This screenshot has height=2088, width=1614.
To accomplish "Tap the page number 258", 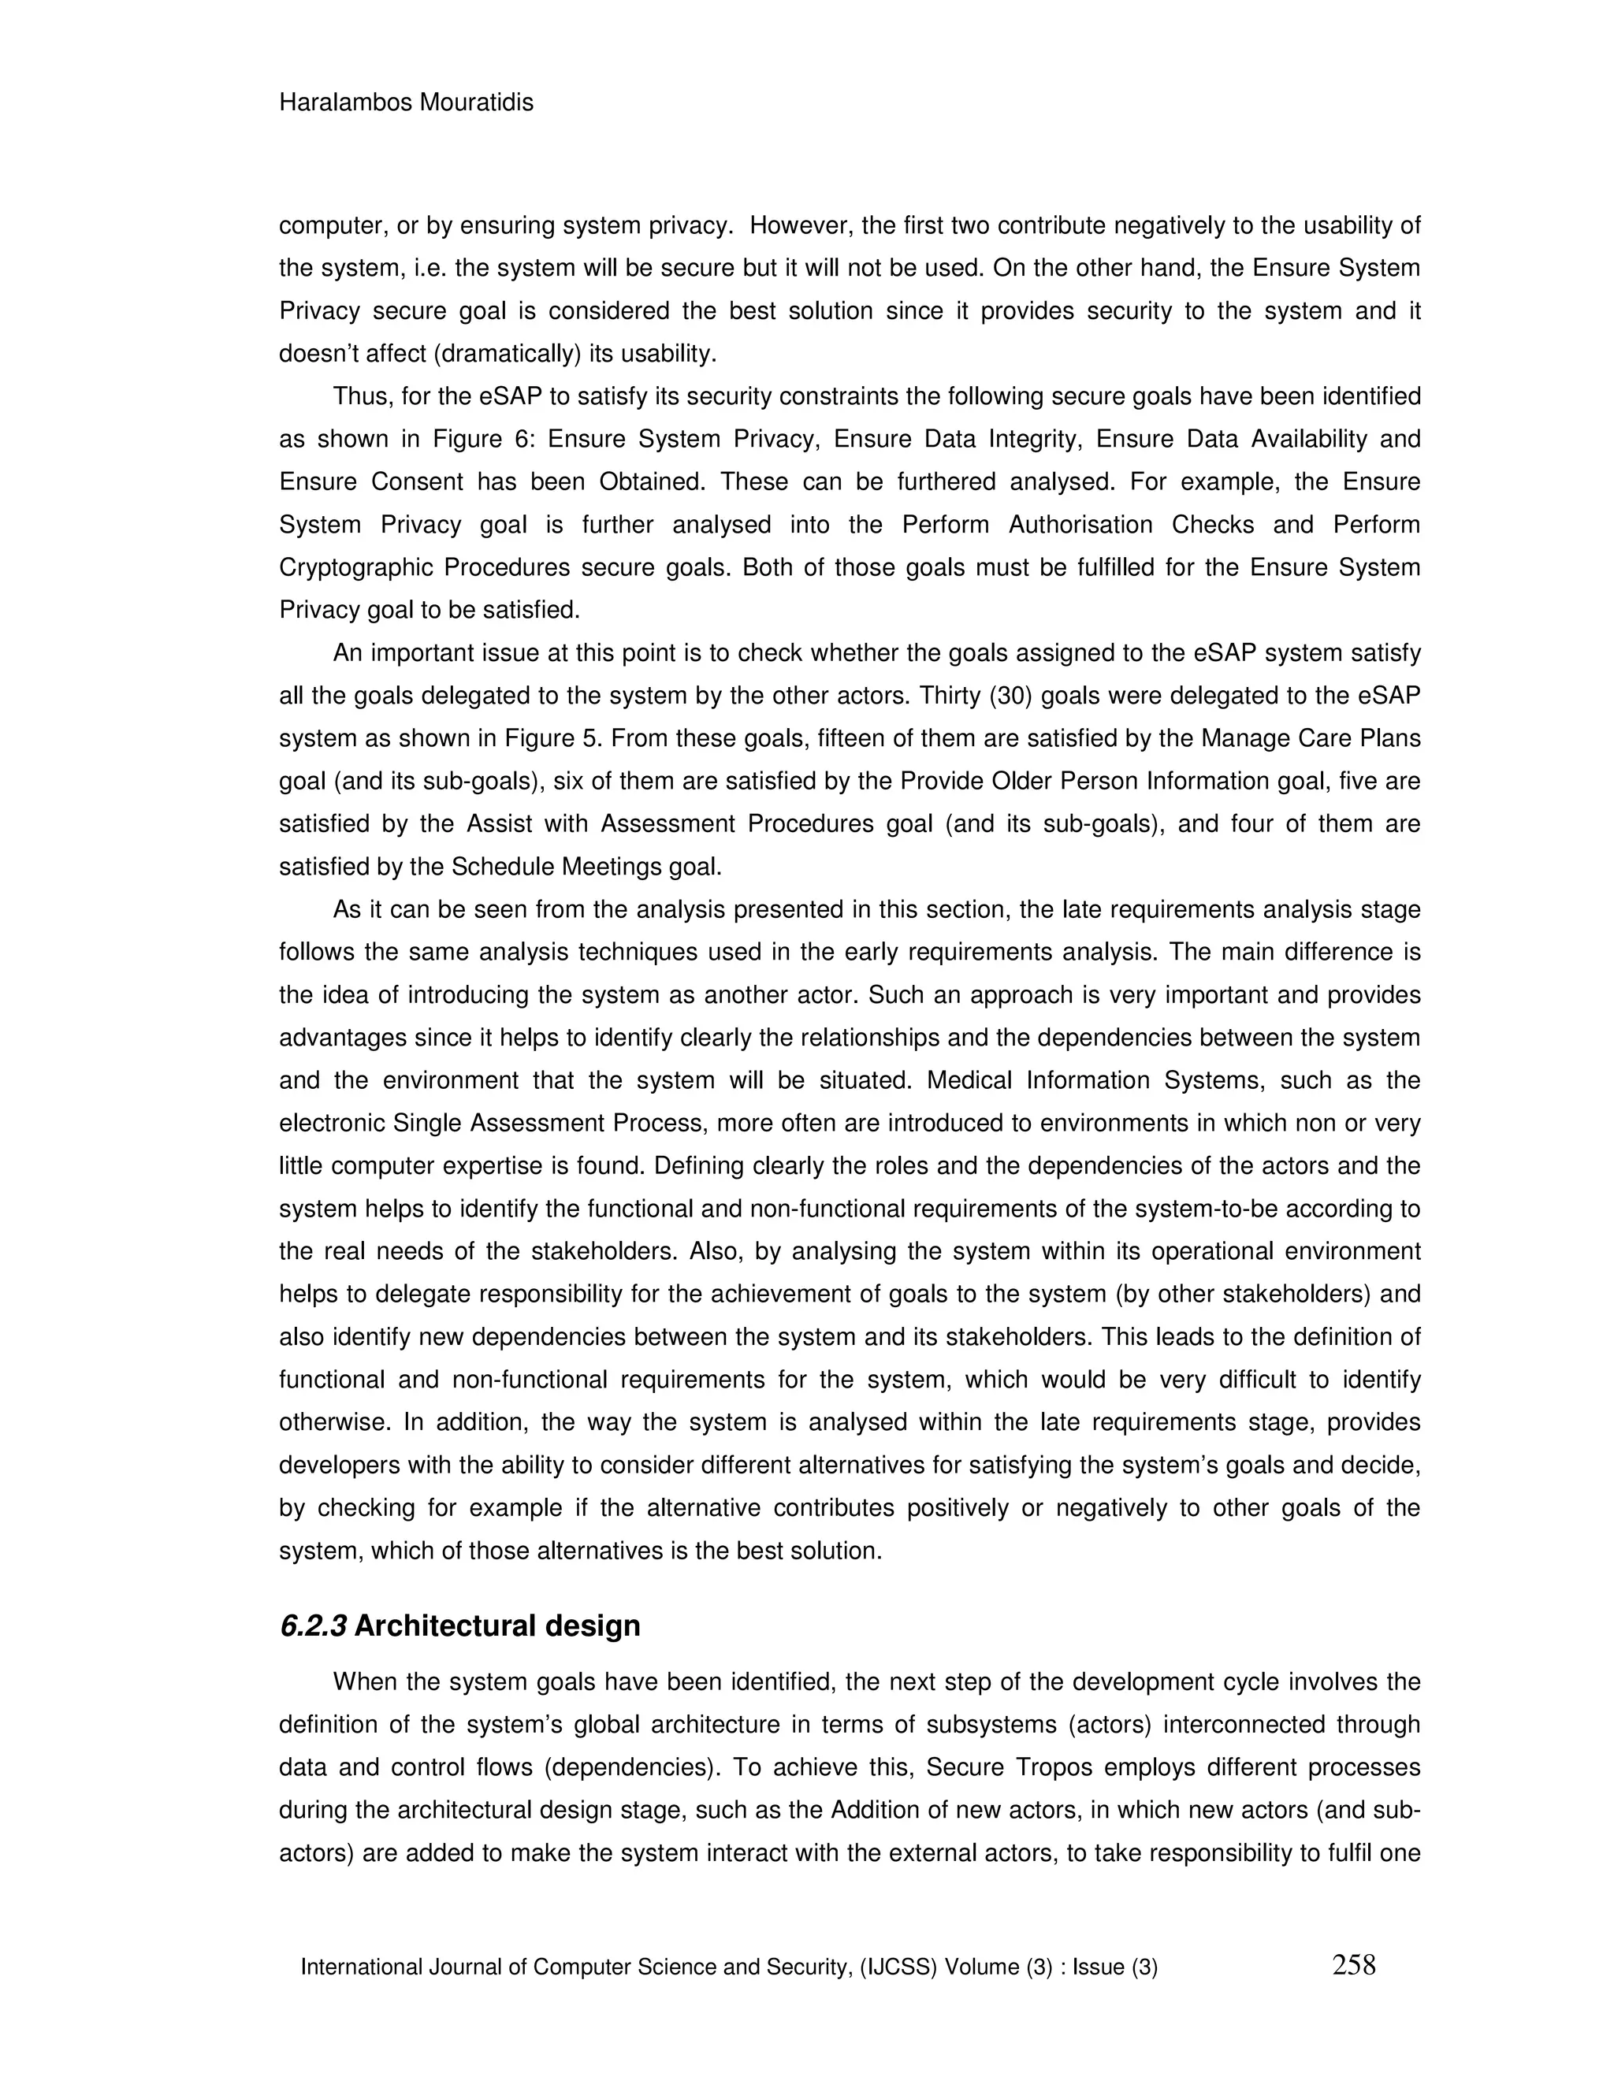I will coord(1353,1964).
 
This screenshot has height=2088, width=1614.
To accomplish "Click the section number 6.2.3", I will coord(313,1625).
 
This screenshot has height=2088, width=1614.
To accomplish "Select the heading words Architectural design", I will coord(497,1625).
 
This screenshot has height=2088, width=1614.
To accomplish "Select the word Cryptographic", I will coord(354,568).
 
